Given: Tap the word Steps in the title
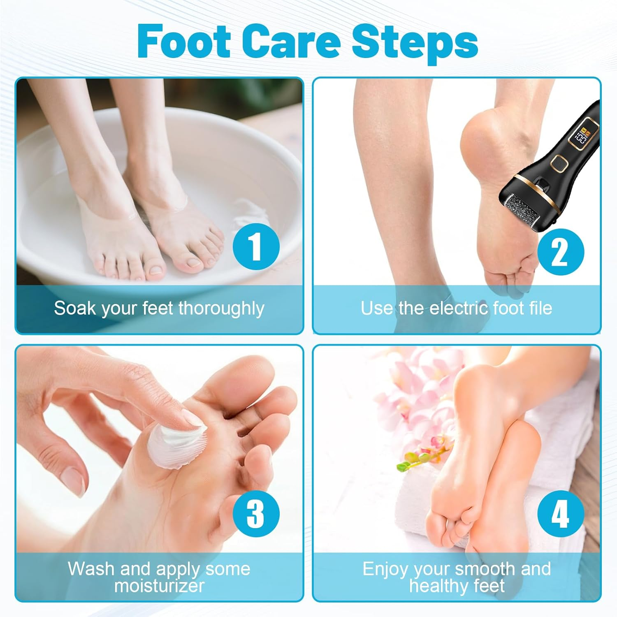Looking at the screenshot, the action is (415, 42).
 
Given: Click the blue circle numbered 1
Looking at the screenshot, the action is (256, 246).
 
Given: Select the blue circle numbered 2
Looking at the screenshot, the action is (561, 252).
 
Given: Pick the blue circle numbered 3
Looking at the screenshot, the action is (256, 514).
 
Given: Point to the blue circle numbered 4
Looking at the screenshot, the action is (561, 514).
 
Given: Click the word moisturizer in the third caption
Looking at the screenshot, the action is (159, 586).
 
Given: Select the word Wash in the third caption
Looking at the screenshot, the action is (91, 569).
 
